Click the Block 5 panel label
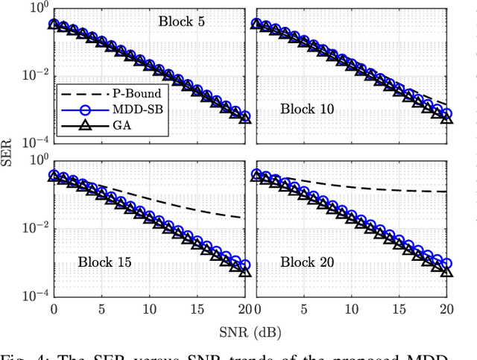pyautogui.click(x=181, y=21)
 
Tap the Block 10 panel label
pyautogui.click(x=306, y=109)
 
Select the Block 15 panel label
pyautogui.click(x=104, y=262)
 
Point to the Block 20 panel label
pyautogui.click(x=306, y=262)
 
